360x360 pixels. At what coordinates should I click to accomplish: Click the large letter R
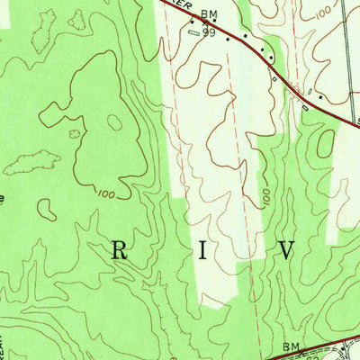tap(119, 251)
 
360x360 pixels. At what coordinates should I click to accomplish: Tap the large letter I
tap(203, 251)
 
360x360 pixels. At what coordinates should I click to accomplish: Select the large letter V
tap(287, 251)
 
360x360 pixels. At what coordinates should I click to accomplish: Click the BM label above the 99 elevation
tap(210, 14)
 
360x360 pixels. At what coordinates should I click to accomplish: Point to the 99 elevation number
tap(210, 32)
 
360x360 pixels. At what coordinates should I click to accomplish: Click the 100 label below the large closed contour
tap(104, 193)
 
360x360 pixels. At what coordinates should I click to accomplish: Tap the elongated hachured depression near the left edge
tap(26, 163)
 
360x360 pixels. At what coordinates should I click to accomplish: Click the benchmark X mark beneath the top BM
tap(204, 23)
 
